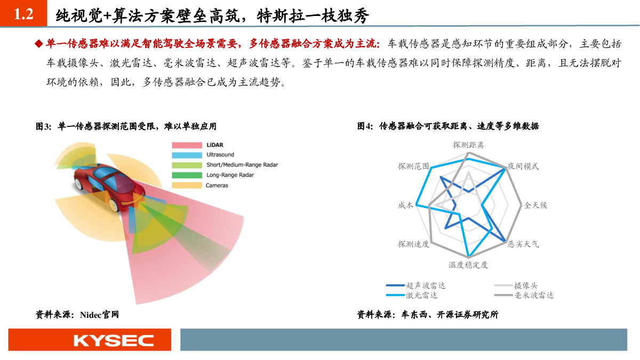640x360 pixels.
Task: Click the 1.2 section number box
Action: click(23, 13)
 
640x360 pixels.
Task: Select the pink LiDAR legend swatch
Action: click(187, 145)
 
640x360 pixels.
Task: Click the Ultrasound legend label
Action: click(220, 155)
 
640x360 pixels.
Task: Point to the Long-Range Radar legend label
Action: click(230, 175)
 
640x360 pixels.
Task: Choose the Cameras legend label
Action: click(217, 186)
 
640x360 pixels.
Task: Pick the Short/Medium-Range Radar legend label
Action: click(242, 165)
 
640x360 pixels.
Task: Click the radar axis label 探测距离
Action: click(468, 145)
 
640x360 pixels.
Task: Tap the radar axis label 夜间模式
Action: click(523, 166)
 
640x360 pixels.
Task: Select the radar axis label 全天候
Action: click(535, 205)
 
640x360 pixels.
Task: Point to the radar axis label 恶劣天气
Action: click(523, 244)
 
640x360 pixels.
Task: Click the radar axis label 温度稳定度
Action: click(468, 265)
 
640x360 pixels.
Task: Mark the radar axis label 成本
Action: click(405, 205)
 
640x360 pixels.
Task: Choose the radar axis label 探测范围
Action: click(413, 166)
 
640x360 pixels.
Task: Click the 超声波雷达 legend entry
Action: click(415, 285)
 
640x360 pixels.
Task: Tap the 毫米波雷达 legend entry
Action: click(524, 295)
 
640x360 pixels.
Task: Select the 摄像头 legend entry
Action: click(516, 285)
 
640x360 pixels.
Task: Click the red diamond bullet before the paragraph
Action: click(38, 44)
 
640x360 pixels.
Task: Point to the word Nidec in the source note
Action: click(91, 315)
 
